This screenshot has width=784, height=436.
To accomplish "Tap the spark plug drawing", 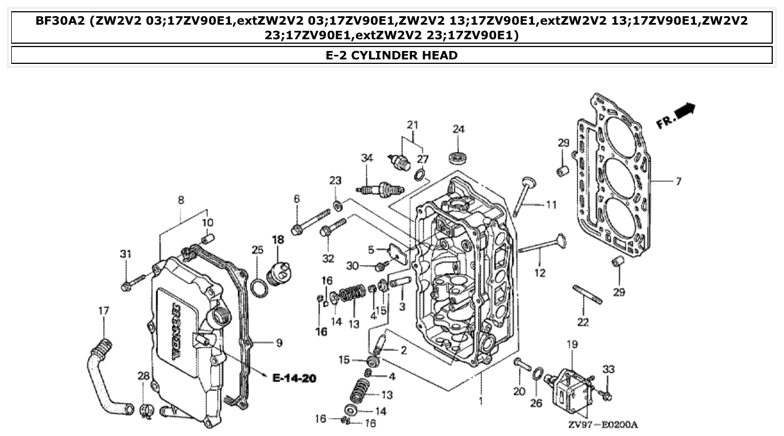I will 381,191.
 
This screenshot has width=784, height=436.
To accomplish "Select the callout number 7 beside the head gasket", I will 678,182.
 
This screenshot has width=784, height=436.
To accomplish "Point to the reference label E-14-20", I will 294,378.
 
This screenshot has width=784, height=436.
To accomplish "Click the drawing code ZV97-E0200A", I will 602,425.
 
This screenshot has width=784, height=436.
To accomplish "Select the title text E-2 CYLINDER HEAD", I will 392,55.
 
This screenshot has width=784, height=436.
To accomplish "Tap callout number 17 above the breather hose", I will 104,310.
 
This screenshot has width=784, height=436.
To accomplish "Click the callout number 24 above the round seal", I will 458,129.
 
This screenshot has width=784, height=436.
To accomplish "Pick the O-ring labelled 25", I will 258,288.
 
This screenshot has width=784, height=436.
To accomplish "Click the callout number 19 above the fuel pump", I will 571,345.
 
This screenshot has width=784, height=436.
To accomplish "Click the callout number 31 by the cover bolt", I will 126,254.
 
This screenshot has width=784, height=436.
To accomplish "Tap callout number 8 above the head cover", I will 180,200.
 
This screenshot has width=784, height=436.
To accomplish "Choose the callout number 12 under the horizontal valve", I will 539,273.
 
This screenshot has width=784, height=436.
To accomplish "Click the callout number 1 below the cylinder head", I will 480,401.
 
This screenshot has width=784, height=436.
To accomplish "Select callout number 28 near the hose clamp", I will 143,375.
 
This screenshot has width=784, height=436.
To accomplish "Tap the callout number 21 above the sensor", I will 412,124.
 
